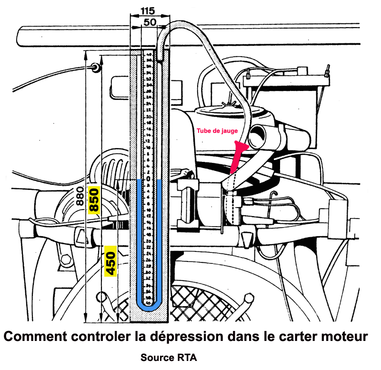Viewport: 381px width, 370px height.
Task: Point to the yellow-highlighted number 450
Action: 110,261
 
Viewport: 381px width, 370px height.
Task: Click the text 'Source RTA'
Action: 169,357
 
